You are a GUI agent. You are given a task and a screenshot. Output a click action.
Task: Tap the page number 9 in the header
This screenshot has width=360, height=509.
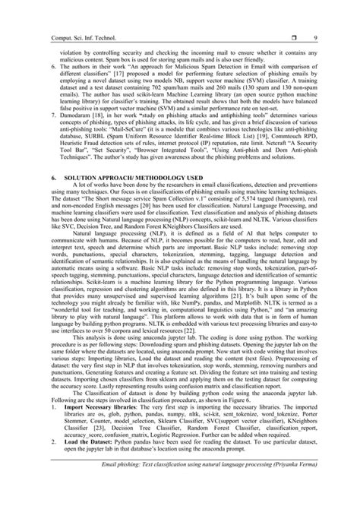click(x=336, y=27)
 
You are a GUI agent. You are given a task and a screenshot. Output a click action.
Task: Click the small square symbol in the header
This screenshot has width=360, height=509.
click(x=302, y=27)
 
